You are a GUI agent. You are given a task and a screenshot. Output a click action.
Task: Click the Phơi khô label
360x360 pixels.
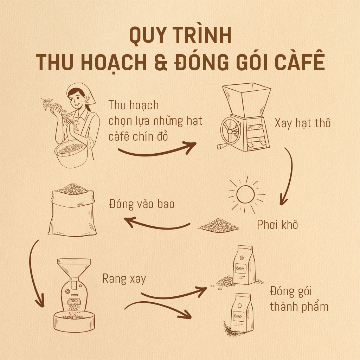click(277, 224)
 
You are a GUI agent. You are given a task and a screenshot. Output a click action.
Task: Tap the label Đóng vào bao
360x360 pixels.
click(142, 204)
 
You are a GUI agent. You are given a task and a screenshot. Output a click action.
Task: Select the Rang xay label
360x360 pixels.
click(124, 279)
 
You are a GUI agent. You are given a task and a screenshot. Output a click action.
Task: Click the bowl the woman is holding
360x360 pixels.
click(71, 154)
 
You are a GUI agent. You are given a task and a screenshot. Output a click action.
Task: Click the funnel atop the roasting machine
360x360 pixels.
click(74, 268)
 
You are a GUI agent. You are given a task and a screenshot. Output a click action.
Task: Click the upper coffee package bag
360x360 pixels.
click(243, 265)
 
